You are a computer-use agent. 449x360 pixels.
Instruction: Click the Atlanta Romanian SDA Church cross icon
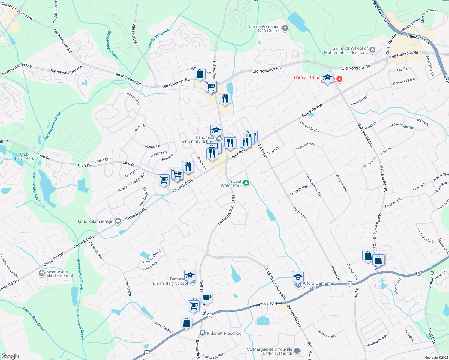click(x=285, y=28)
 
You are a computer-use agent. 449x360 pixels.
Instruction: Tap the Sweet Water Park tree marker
click(x=246, y=183)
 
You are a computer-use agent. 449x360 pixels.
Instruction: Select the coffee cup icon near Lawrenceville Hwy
click(x=206, y=298)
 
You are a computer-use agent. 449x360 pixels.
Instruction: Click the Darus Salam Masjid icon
click(x=118, y=221)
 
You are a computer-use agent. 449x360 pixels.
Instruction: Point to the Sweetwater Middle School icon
click(x=41, y=273)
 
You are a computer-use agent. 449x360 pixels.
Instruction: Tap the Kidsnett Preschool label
click(x=224, y=333)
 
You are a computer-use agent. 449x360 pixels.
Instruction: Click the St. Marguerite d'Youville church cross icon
click(x=297, y=351)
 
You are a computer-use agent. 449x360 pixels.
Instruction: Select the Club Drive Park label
click(x=24, y=156)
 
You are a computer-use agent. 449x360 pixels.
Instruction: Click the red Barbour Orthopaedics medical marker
click(x=339, y=79)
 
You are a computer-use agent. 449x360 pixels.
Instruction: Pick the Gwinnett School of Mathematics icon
click(x=372, y=50)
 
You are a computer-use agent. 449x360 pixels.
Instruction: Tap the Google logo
click(x=10, y=356)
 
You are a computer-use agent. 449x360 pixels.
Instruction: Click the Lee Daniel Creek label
click(x=158, y=38)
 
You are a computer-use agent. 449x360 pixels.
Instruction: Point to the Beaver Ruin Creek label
click(x=34, y=319)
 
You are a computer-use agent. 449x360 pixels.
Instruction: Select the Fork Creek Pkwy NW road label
click(x=276, y=284)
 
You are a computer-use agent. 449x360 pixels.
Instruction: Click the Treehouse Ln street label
click(x=133, y=98)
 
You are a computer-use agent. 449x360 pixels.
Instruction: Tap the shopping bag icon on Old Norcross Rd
click(x=200, y=74)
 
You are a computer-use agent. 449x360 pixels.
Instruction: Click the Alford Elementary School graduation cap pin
click(x=298, y=277)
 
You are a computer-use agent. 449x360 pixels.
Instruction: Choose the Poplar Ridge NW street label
click(x=402, y=126)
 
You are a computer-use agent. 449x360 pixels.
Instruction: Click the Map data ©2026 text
click(x=436, y=357)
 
